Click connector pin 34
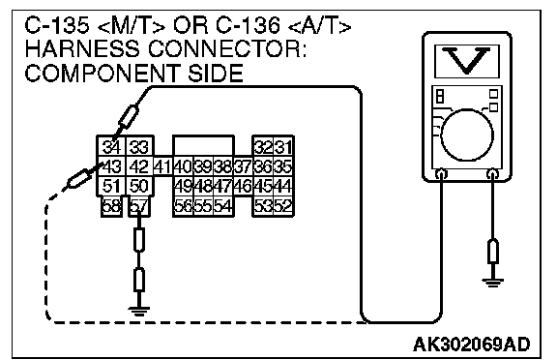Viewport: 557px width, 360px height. (111, 146)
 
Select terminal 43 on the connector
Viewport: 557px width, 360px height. (111, 165)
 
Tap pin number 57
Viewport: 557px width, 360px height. (139, 206)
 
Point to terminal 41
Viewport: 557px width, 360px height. (163, 165)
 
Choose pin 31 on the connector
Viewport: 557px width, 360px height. (283, 146)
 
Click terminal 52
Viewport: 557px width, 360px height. (283, 206)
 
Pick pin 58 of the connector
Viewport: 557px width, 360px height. (111, 206)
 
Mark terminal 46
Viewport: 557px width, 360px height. (243, 186)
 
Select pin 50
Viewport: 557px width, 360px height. (139, 186)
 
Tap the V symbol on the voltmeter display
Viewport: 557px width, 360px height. (466, 60)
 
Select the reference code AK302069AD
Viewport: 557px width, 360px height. (471, 344)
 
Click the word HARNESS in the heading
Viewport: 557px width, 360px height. (82, 48)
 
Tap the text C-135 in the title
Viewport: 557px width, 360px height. (56, 25)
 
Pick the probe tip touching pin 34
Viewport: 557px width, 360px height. (114, 139)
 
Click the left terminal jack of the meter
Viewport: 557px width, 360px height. (441, 174)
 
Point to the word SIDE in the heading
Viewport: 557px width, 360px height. (216, 73)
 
